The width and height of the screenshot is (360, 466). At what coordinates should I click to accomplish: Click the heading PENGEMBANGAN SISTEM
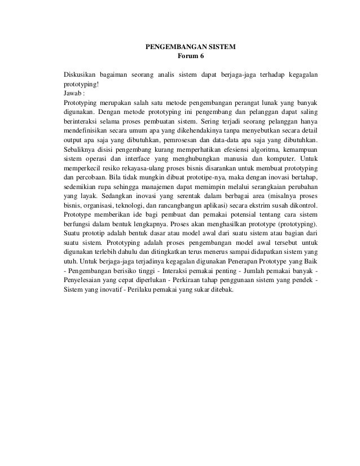coord(191,47)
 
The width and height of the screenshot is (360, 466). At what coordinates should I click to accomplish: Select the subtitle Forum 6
coord(191,57)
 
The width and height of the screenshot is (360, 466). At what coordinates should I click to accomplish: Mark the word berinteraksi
coord(83,121)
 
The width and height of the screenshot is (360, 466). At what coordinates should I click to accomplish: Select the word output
coord(74,140)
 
